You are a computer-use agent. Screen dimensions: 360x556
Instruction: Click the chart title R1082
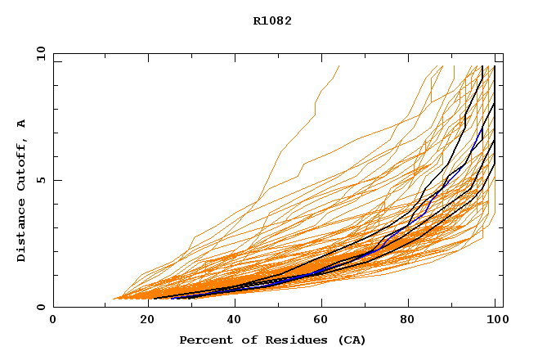pyautogui.click(x=272, y=20)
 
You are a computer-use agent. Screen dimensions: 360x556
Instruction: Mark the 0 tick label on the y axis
pyautogui.click(x=40, y=307)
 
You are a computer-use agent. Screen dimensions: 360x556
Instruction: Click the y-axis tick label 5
pyautogui.click(x=40, y=180)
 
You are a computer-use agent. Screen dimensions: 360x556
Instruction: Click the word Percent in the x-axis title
pyautogui.click(x=204, y=340)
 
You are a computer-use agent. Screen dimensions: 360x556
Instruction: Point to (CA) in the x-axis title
pyautogui.click(x=352, y=340)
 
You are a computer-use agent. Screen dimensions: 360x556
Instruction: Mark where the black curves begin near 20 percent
pyautogui.click(x=156, y=298)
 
